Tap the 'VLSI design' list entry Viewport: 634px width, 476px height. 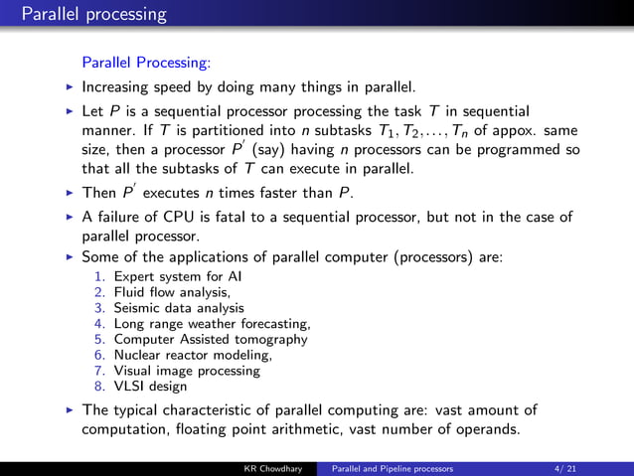click(150, 387)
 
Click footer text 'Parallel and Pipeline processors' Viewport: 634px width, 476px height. click(393, 467)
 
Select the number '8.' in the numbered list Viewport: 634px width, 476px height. click(99, 387)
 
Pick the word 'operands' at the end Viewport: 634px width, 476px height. click(484, 429)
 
